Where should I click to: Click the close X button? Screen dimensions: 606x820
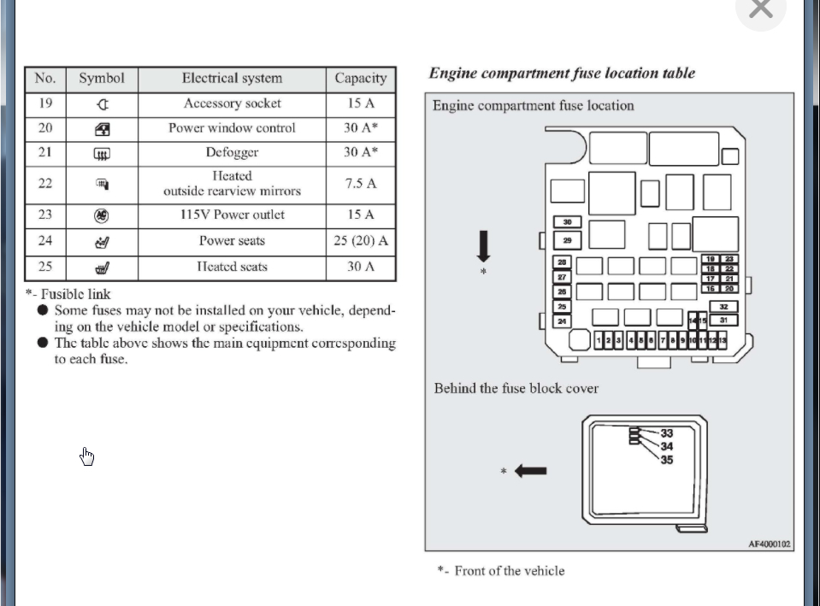point(760,9)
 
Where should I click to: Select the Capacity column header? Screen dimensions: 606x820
point(360,79)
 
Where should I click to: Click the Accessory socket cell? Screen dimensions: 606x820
point(232,103)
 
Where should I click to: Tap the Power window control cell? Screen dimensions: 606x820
point(232,128)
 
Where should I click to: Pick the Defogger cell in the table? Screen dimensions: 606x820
point(232,153)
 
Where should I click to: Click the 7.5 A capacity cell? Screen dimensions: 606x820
point(360,184)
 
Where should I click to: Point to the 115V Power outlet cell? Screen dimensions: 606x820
point(232,215)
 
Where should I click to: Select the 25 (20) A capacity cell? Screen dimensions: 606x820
point(360,241)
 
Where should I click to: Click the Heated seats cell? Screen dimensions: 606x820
point(232,267)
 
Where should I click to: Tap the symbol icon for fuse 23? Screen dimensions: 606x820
point(101,215)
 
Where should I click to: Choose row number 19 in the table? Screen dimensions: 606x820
point(45,103)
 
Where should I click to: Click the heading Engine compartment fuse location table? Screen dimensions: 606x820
point(562,74)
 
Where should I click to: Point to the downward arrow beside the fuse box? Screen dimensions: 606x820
point(483,245)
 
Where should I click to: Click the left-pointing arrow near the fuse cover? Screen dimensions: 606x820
point(530,471)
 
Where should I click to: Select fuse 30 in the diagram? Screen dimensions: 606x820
point(567,222)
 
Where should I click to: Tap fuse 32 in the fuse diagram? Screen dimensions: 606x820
point(723,307)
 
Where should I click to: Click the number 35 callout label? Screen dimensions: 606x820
point(667,460)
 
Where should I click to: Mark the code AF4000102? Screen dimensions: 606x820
point(770,544)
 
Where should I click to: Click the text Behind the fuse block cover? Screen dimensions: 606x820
point(516,389)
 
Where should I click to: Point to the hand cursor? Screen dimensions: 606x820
point(87,457)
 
